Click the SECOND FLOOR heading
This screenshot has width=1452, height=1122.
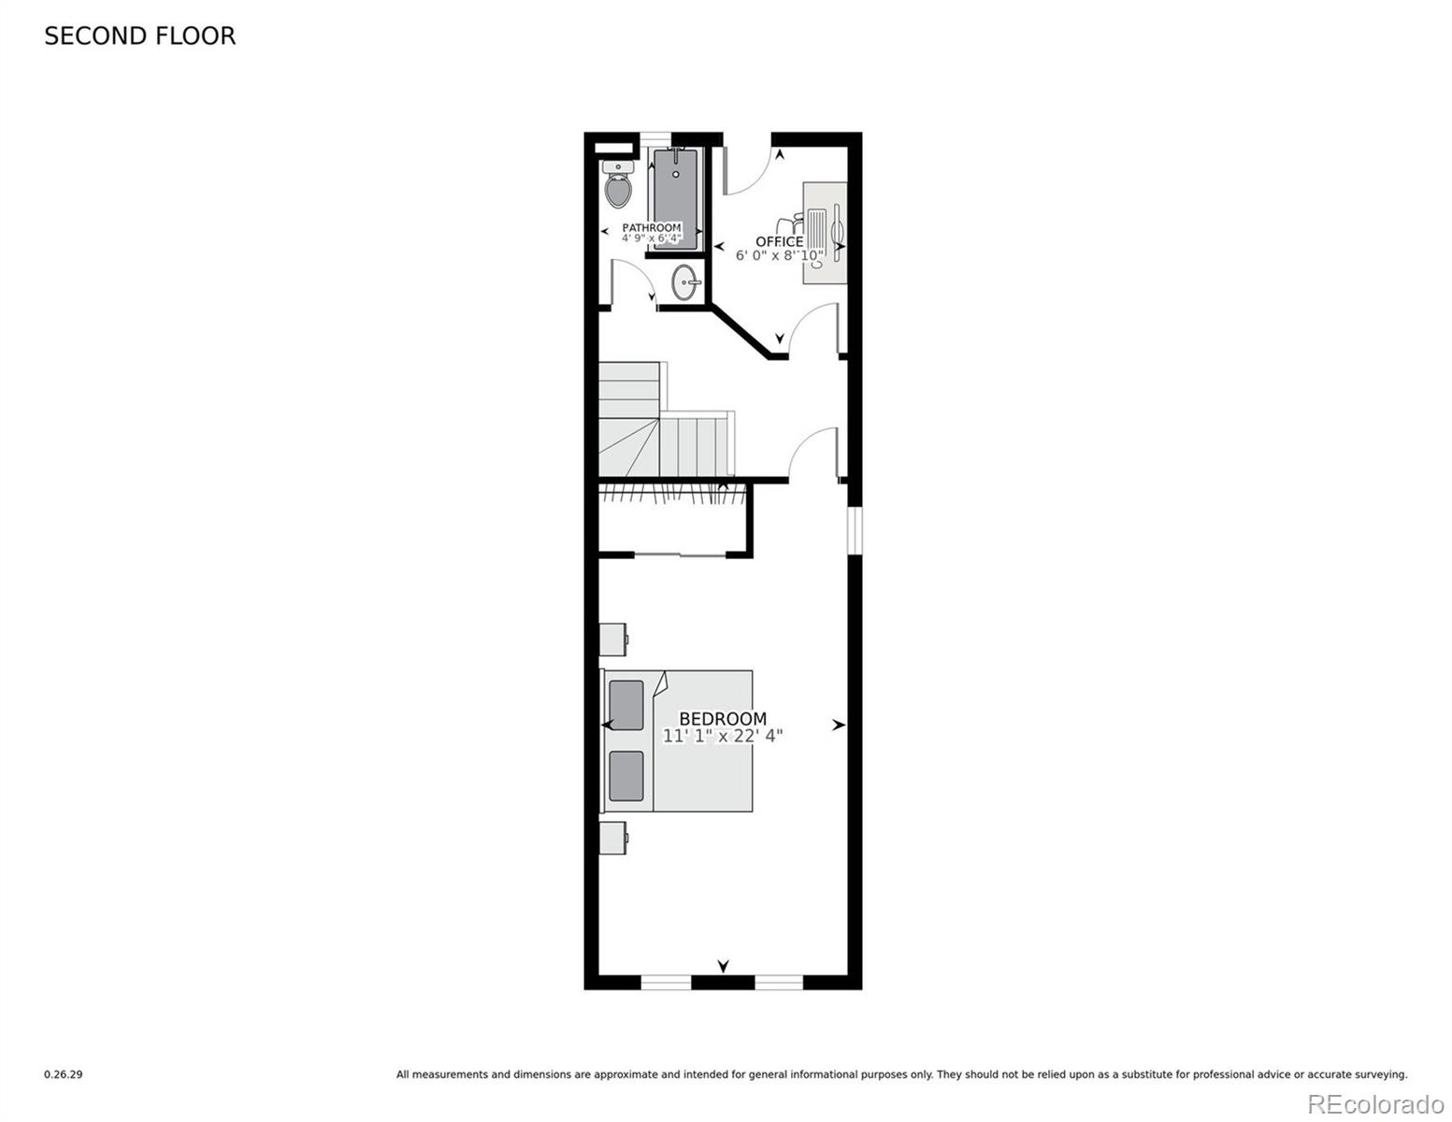[x=139, y=36]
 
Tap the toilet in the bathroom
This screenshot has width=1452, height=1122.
[x=617, y=183]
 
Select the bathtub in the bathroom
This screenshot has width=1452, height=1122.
[x=676, y=198]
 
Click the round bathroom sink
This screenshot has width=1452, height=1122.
[x=686, y=282]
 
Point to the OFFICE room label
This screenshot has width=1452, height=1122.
[x=779, y=241]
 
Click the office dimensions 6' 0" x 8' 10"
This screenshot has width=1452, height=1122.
[x=779, y=255]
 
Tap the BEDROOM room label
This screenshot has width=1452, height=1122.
[x=723, y=719]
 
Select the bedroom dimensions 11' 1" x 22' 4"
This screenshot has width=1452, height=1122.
[x=723, y=736]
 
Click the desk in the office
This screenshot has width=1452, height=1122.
[x=825, y=233]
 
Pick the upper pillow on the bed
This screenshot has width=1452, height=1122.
[x=626, y=705]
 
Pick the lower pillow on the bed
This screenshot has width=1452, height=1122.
[x=626, y=776]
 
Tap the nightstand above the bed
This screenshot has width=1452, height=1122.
[x=613, y=640]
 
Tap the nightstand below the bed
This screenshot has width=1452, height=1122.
[x=613, y=838]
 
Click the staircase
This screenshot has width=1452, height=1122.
[x=665, y=420]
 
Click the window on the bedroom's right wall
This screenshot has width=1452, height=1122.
[x=855, y=530]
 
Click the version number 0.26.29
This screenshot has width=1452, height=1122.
[x=64, y=1074]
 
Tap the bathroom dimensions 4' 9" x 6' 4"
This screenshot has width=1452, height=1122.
[x=652, y=237]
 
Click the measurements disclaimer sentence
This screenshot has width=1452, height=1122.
[x=901, y=1074]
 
